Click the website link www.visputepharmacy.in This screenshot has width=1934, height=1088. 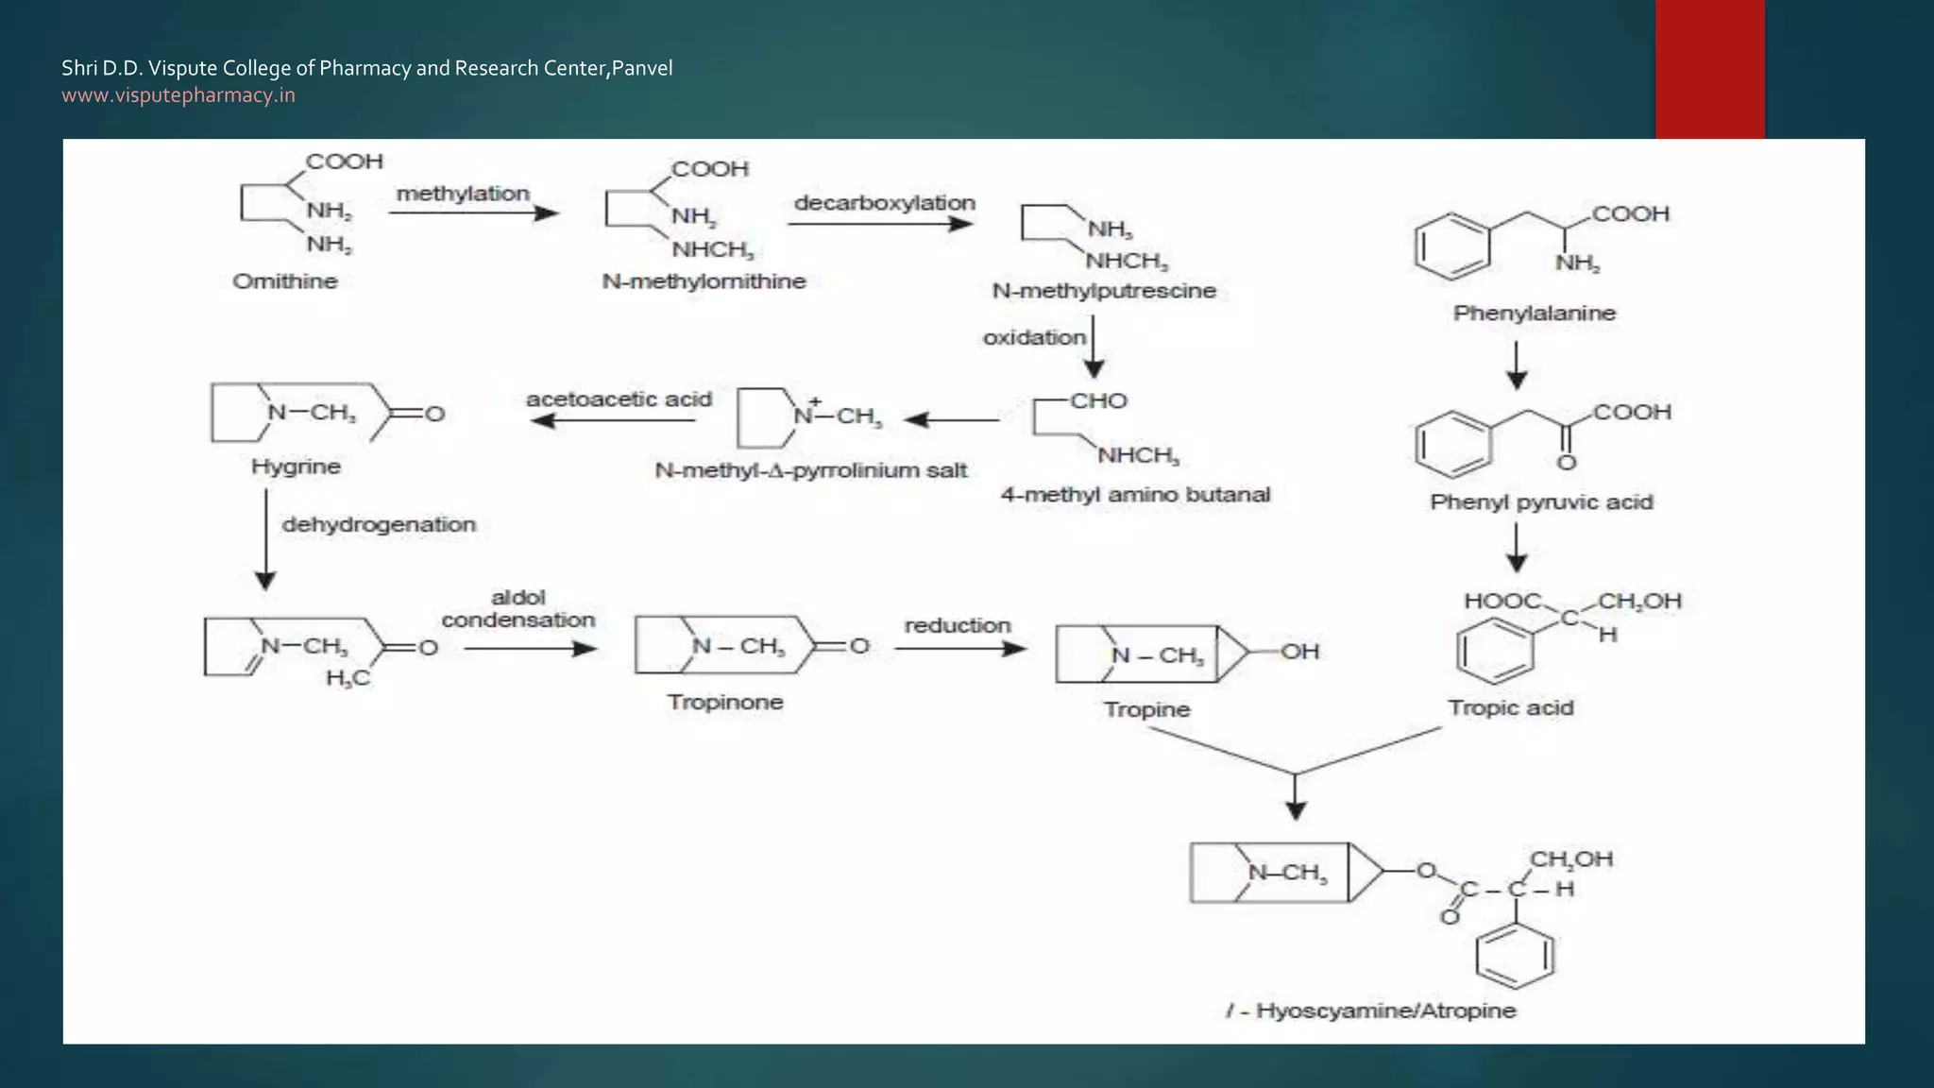(x=178, y=95)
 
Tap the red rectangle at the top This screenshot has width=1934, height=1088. (x=1709, y=69)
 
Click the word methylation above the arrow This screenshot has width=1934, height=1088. (x=463, y=194)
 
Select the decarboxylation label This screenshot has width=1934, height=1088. (x=884, y=203)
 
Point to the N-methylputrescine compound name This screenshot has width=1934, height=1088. (x=1103, y=291)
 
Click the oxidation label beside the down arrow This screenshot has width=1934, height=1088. (x=1034, y=337)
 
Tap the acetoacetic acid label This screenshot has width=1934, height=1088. (x=619, y=399)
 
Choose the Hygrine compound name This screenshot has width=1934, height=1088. (x=296, y=467)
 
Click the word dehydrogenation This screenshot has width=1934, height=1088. (x=379, y=524)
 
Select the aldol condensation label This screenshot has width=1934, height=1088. (x=518, y=609)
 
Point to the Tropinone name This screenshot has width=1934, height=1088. (x=725, y=702)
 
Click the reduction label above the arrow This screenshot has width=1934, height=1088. (x=958, y=625)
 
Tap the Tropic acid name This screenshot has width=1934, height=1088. (x=1510, y=707)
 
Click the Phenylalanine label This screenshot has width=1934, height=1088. (x=1534, y=313)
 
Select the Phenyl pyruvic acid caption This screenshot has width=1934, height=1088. (x=1541, y=501)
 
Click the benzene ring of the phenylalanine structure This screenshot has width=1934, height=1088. (x=1452, y=247)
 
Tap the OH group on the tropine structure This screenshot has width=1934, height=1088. (x=1299, y=652)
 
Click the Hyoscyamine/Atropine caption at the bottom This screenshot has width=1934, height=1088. (x=1371, y=1011)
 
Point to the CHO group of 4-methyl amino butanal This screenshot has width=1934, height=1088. (x=1098, y=400)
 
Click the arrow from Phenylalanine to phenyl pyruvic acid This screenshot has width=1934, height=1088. (x=1517, y=365)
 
